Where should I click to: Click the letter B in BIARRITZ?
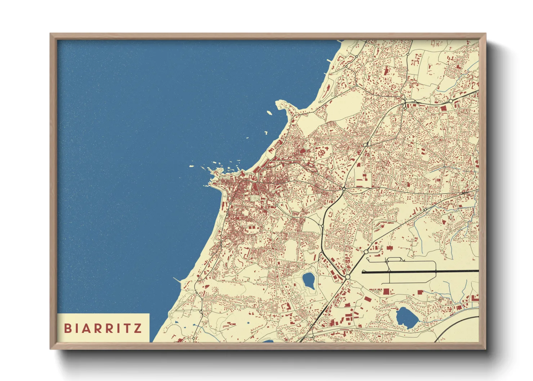(67, 328)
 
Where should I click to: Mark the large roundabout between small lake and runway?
(347, 277)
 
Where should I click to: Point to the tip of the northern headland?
(278, 103)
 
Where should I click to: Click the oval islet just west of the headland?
(269, 113)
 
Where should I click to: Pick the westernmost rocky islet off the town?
(192, 166)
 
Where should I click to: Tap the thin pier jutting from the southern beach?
(177, 279)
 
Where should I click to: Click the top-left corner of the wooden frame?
(51, 34)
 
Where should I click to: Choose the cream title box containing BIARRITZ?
(103, 328)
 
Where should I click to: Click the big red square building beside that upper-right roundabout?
(443, 108)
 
